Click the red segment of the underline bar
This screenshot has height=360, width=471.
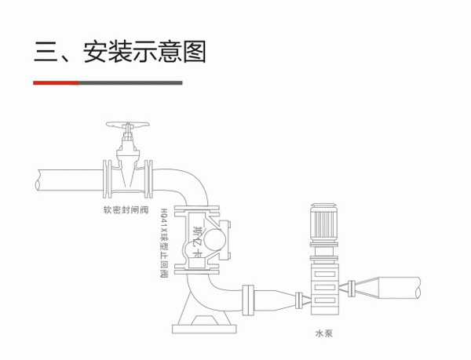[x=55, y=82]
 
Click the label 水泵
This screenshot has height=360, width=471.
[x=324, y=333]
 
